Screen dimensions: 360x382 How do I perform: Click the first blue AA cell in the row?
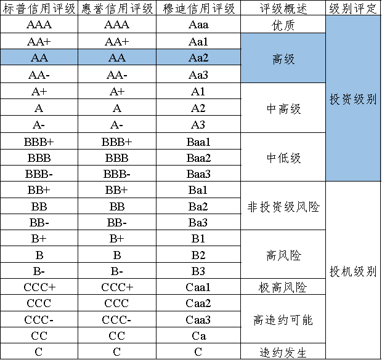point(39,58)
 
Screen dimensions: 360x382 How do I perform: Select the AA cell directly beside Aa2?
point(117,58)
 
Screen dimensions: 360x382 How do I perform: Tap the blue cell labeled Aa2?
point(198,58)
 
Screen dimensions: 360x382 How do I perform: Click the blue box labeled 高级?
point(283,58)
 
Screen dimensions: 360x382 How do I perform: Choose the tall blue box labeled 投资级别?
point(353,98)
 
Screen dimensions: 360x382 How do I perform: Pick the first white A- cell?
point(39,124)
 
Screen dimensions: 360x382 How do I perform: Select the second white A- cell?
point(117,124)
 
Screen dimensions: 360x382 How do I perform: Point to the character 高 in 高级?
point(278,59)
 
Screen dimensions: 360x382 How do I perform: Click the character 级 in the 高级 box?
point(289,59)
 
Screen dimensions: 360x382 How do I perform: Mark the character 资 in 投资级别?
point(347,99)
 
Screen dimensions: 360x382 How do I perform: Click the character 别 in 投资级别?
point(371,99)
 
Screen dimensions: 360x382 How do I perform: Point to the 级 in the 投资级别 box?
point(359,99)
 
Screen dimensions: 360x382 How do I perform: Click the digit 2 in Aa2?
point(205,58)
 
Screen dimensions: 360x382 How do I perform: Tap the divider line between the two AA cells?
point(78,58)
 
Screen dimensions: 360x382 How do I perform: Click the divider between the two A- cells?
point(78,124)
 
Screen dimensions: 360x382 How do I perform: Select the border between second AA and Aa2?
point(156,58)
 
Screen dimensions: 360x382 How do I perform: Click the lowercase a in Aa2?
point(198,58)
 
